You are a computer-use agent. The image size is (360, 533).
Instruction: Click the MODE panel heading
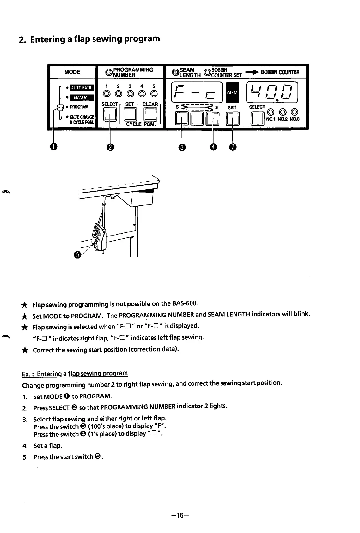[x=72, y=72]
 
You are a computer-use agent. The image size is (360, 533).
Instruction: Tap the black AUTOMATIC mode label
[x=82, y=88]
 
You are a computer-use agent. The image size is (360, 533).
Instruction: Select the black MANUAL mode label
[x=82, y=97]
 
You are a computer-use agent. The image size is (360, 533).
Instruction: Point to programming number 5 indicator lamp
[x=154, y=94]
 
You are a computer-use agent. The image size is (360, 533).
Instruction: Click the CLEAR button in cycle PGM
[x=151, y=115]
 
